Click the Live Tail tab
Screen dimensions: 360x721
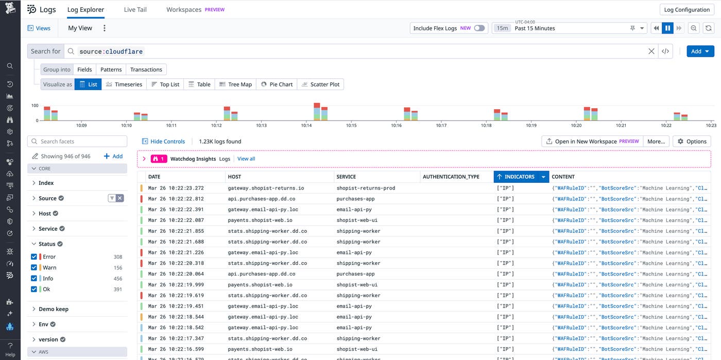click(135, 9)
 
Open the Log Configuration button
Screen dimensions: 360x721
click(686, 9)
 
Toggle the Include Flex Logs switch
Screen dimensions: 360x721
click(479, 28)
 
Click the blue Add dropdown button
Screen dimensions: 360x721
click(700, 51)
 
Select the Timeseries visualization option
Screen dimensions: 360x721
click(124, 84)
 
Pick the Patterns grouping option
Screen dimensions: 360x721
click(111, 70)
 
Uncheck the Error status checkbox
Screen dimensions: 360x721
click(34, 256)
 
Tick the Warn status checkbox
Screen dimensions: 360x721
click(34, 267)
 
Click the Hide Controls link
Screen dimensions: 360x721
click(163, 141)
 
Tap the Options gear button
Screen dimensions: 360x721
click(692, 141)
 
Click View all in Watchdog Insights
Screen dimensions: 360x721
click(246, 159)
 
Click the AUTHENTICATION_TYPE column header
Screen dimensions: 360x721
click(451, 177)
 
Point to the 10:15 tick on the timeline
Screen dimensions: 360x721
click(351, 125)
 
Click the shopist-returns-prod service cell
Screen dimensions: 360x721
click(366, 188)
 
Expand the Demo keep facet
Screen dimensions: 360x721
click(54, 309)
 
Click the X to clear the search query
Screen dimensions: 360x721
click(651, 51)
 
